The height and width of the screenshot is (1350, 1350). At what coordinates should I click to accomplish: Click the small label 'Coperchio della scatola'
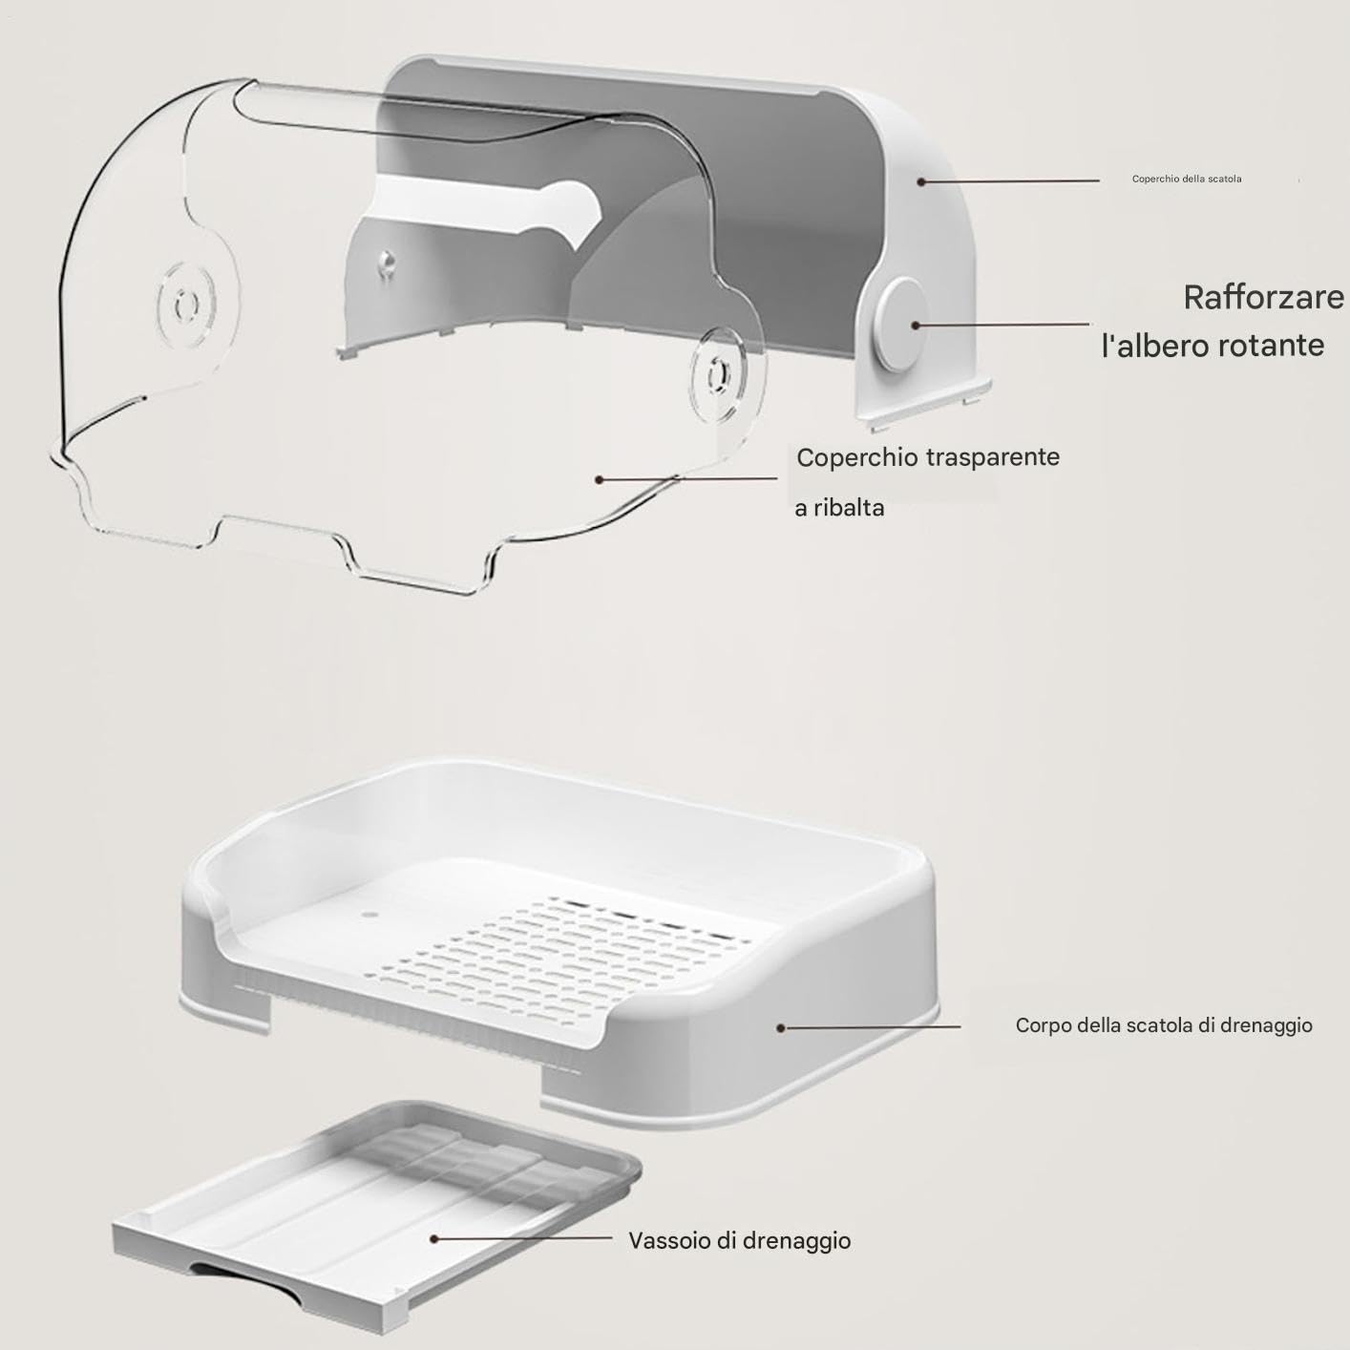click(x=1187, y=179)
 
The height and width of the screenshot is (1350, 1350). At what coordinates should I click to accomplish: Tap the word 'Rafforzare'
click(x=1264, y=298)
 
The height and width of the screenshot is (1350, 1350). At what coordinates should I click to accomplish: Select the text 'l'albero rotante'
click(x=1213, y=346)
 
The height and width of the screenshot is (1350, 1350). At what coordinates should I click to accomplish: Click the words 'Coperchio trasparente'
click(x=928, y=457)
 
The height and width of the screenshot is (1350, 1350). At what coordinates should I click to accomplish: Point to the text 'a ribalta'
click(x=839, y=508)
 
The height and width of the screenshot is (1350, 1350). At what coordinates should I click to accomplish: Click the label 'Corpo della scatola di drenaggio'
click(x=1164, y=1025)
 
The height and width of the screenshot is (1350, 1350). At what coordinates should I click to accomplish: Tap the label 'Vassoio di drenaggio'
click(x=740, y=1241)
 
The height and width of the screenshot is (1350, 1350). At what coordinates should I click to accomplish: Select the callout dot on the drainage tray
click(x=434, y=1239)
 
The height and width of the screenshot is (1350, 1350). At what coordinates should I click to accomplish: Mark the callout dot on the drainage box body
click(x=780, y=1027)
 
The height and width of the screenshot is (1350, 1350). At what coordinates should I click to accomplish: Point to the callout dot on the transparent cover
click(x=599, y=480)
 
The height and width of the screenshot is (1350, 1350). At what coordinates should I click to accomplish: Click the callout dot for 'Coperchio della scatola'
click(x=922, y=181)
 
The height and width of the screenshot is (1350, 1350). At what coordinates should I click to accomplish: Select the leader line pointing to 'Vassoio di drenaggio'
click(x=523, y=1238)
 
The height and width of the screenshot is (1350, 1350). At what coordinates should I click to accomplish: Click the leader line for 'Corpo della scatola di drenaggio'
click(x=870, y=1027)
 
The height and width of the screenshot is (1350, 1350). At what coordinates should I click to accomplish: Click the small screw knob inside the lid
click(x=386, y=264)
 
